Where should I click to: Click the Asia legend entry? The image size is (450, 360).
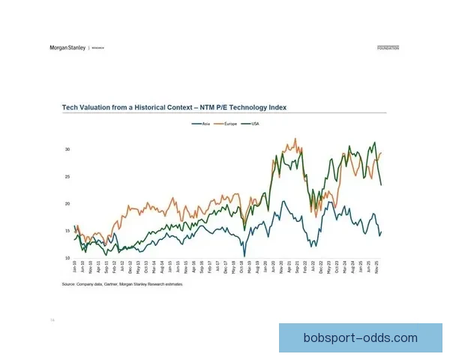point(203,123)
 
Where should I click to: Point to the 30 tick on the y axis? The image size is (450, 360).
point(67,149)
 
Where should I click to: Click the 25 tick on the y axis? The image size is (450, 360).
point(67,176)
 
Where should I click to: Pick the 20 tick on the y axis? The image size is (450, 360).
point(67,204)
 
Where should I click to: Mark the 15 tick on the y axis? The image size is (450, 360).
point(67,231)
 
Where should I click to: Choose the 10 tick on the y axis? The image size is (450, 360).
point(67,258)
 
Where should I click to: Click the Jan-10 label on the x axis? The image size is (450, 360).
point(75,267)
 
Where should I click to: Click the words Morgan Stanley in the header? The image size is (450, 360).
point(67,47)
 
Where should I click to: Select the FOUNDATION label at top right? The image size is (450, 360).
point(388,47)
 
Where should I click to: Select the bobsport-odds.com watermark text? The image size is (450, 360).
point(361,338)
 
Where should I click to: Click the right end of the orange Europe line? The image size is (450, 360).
point(382,153)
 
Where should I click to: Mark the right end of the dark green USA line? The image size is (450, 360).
point(381,184)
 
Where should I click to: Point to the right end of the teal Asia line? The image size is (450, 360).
point(381,232)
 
